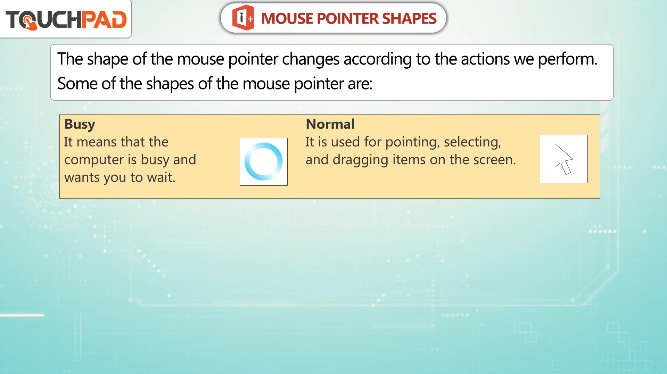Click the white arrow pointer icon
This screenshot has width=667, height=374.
pyautogui.click(x=563, y=159)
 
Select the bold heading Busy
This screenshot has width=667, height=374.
pyautogui.click(x=80, y=125)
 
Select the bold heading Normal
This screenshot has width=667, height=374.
pyautogui.click(x=330, y=124)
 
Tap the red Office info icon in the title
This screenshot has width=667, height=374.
pyautogui.click(x=243, y=18)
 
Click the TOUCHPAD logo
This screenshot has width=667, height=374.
pyautogui.click(x=66, y=19)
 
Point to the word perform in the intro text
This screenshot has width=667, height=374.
pyautogui.click(x=567, y=59)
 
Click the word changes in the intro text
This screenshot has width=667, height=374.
pyautogui.click(x=311, y=59)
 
